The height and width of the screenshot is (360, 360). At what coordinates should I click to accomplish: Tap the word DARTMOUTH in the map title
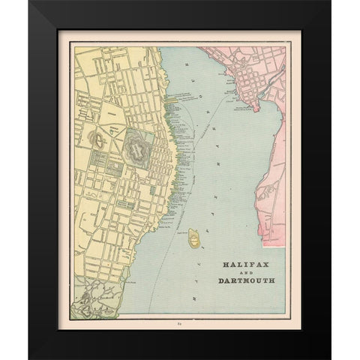[x=246, y=281]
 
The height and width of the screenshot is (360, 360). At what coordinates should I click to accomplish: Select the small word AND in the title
[x=246, y=273]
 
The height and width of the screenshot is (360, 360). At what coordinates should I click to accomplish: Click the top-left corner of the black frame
[x=29, y=1]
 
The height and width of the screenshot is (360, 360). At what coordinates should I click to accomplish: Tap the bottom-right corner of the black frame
[x=330, y=358]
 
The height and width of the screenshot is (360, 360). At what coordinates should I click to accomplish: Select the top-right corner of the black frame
[x=330, y=1]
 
